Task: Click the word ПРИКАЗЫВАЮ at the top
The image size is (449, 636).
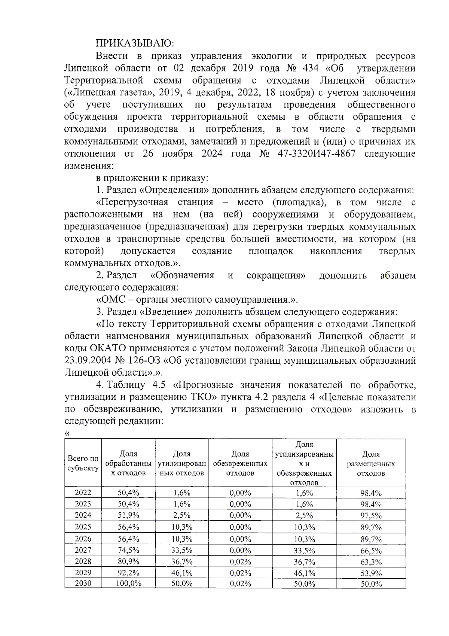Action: coord(135,43)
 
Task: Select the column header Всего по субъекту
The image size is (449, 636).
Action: coord(83,463)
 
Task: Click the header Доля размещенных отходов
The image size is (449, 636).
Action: coord(371,464)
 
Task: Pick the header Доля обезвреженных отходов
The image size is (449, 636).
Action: coord(240,464)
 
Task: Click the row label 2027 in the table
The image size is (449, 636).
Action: coord(83,550)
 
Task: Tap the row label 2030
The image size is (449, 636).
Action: coord(83,583)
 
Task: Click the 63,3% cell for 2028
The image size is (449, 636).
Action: coord(371,562)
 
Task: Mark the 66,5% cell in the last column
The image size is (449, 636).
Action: coord(371,551)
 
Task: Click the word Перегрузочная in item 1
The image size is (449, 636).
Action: coord(131,203)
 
